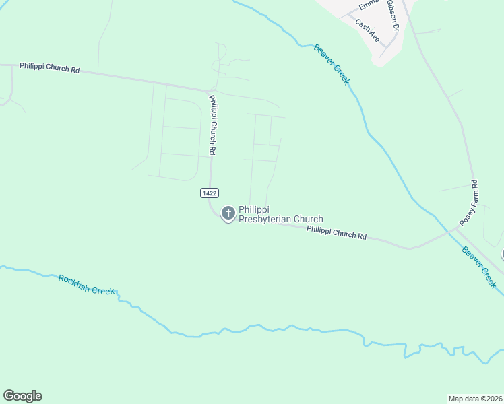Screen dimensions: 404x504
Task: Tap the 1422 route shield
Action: (x=209, y=193)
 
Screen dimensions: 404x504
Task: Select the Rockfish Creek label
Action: (x=87, y=285)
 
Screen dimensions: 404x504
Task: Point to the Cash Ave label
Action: (x=368, y=31)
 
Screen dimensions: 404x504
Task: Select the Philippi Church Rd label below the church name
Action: (x=336, y=233)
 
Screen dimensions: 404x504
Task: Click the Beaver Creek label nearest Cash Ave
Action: (x=332, y=64)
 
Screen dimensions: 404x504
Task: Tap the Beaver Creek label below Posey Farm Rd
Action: (x=479, y=267)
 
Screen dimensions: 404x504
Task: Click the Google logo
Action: (x=22, y=396)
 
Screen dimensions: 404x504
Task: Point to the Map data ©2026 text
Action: (x=476, y=398)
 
